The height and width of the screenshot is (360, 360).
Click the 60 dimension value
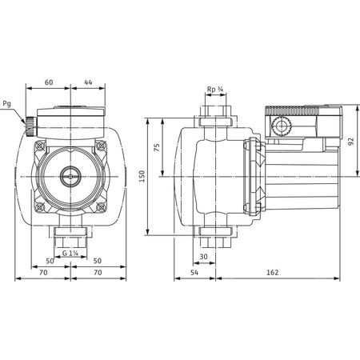49,82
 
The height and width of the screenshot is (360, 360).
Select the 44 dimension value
88,82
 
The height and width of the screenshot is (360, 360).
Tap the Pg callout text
7,103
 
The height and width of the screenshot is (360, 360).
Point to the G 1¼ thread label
71,254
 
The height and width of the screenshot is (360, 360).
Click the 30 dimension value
204,257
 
